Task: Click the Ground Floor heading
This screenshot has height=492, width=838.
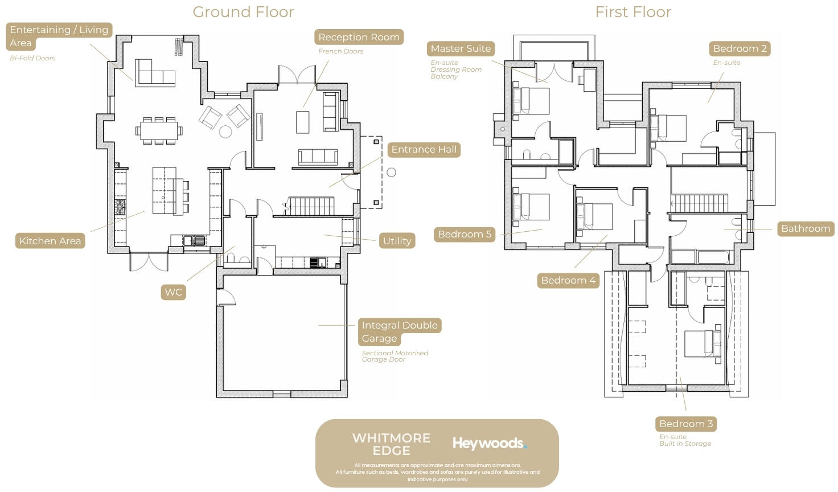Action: point(243,12)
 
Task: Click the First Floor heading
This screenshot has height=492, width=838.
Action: point(633,12)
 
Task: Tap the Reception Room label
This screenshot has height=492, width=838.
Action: point(359,37)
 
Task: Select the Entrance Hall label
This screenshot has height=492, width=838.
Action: point(424,150)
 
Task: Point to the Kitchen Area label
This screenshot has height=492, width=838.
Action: point(50,240)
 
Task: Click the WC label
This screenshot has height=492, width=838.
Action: point(173,292)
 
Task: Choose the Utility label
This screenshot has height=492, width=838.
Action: point(397,240)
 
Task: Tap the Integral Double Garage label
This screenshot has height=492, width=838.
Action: point(400,331)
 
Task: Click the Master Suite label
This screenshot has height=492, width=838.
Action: point(461,48)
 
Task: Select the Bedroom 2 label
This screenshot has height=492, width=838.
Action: point(740,48)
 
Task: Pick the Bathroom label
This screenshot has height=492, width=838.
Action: point(806,228)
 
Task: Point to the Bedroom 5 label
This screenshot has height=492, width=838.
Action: point(465,234)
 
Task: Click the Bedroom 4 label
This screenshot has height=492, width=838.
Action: point(568,281)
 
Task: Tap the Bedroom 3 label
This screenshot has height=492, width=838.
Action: point(686,424)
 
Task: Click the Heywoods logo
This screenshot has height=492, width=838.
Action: point(490,444)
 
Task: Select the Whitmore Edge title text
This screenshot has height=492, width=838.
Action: point(391,444)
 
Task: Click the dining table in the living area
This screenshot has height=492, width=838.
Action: point(159,130)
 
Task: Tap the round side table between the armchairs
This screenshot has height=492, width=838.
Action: point(225,132)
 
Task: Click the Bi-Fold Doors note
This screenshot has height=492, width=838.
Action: point(32,58)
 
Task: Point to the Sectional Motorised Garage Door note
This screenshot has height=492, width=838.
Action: point(395,356)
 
